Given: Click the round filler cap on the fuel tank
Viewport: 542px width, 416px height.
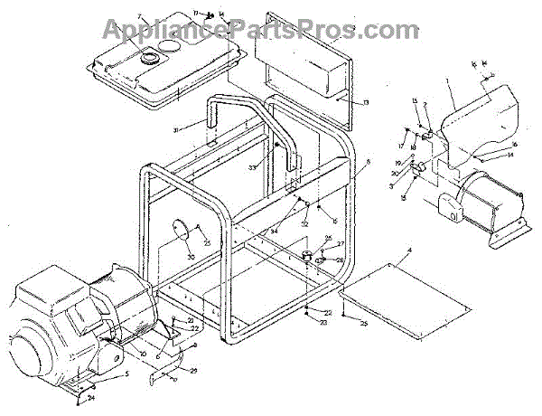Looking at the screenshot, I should tap(145, 57).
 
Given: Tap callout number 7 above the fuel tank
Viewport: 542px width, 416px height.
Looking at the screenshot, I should tap(141, 17).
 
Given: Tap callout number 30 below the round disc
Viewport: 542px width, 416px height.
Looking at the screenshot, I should tap(190, 257).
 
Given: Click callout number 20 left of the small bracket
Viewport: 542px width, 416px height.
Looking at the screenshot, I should tap(191, 321).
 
